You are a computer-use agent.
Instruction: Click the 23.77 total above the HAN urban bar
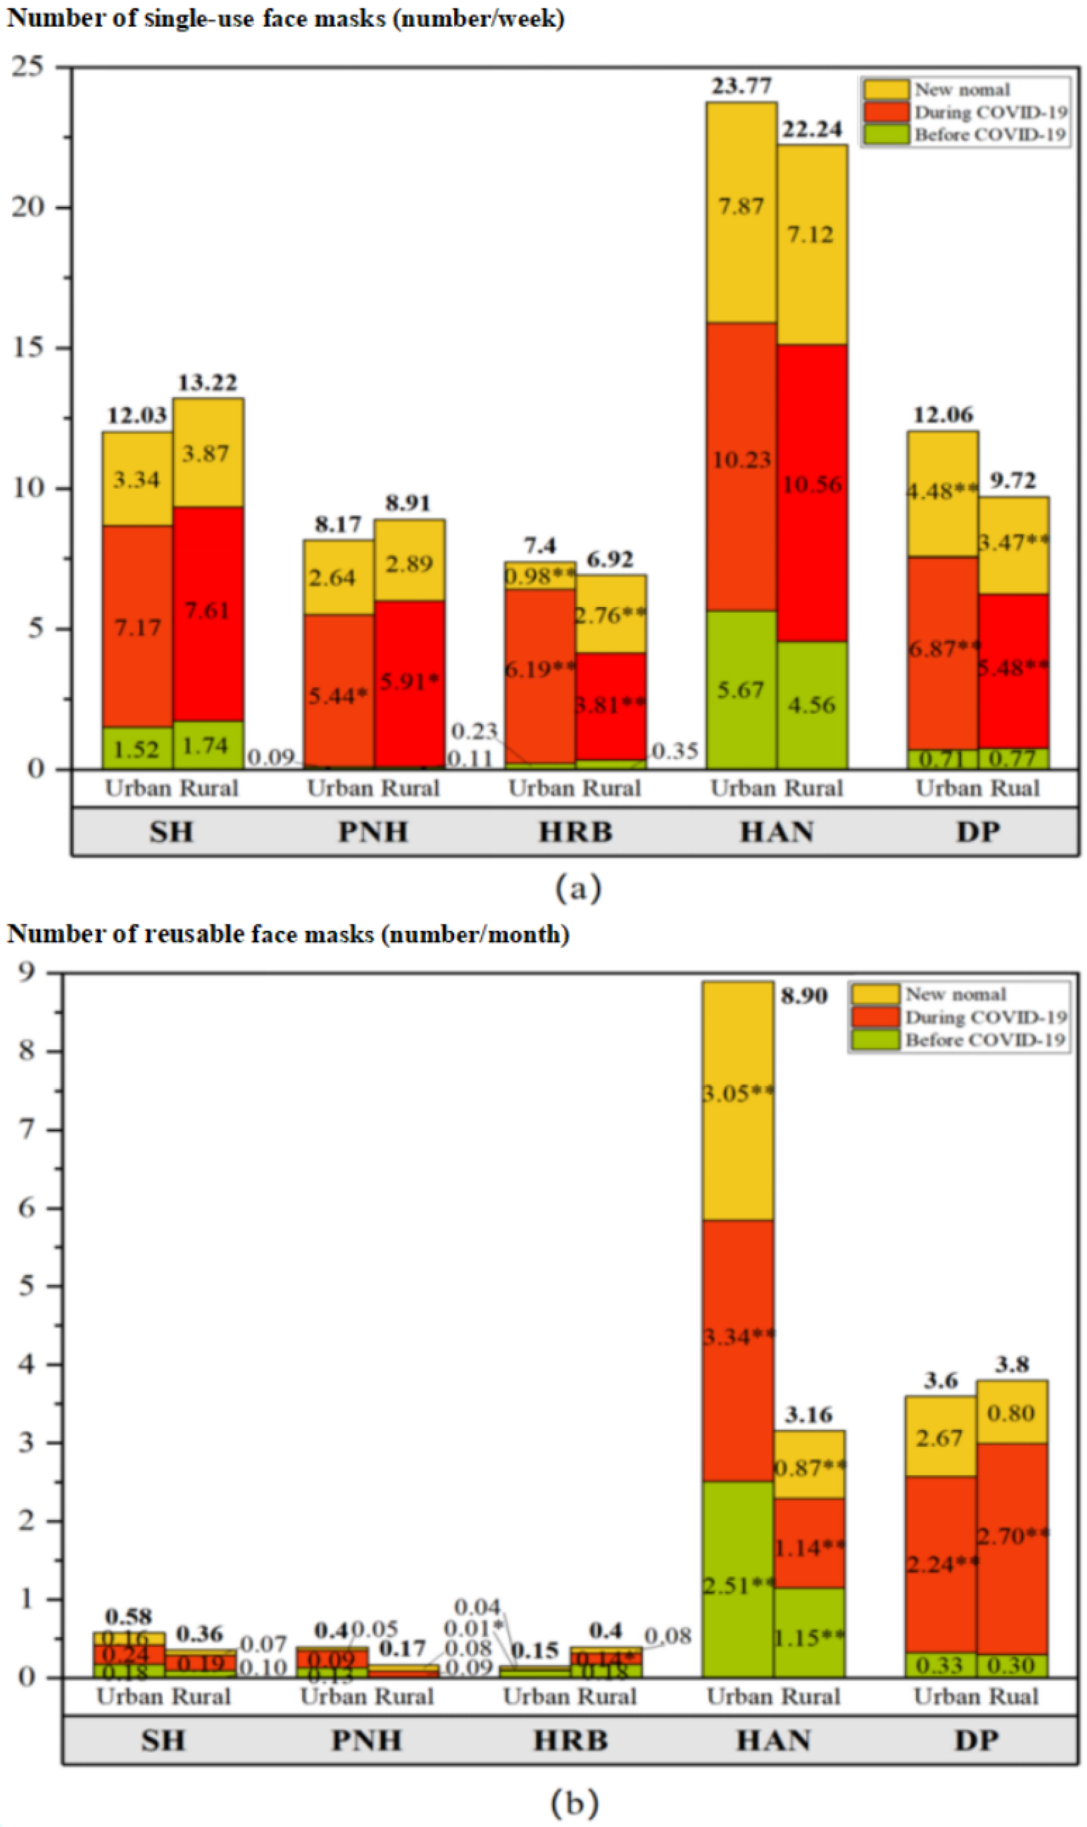741,86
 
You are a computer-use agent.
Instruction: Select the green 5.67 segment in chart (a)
741,689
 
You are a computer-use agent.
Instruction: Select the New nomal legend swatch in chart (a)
886,89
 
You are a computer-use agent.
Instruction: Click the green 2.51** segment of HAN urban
738,1585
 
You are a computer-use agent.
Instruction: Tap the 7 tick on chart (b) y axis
27,1130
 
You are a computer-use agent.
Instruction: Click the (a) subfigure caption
578,888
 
